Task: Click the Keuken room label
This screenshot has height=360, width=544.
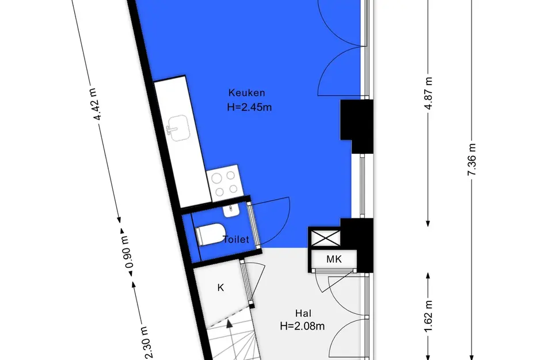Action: pos(247,93)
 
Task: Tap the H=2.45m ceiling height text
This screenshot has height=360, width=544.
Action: pos(249,107)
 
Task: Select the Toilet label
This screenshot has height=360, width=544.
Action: pos(236,239)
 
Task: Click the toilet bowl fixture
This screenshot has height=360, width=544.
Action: pos(210,234)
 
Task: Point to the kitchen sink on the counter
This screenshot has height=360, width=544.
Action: pos(178,128)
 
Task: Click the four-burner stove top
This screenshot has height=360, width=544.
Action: pos(225,183)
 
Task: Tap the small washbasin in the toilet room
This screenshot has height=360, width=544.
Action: pos(230,210)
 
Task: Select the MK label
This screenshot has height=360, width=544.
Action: pos(334,259)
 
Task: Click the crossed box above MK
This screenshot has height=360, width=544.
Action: pos(325,238)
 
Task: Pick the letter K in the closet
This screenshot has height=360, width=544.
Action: pos(220,287)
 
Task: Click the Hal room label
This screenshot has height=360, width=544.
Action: pos(303,313)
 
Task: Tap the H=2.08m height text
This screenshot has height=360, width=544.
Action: pos(302,327)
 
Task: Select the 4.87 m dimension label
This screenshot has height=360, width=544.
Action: pos(428,93)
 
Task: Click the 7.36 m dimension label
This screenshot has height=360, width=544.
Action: pos(471,160)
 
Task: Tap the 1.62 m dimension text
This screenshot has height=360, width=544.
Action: pos(428,316)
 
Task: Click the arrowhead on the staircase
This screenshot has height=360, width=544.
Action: pos(229,324)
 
